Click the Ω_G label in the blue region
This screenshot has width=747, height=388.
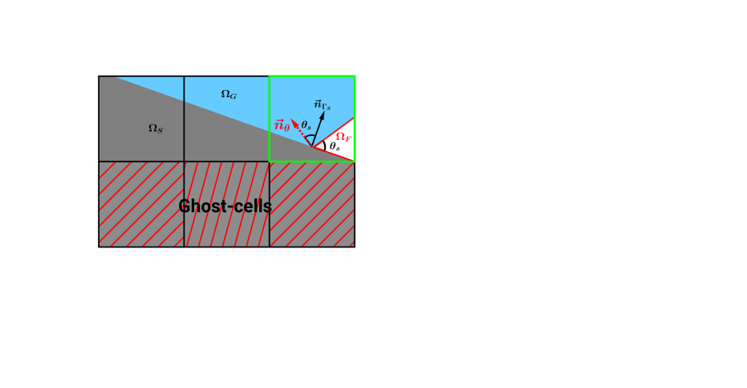pos(229,95)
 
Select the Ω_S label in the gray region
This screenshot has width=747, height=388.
pos(156,128)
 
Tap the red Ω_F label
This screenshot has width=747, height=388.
pos(343,137)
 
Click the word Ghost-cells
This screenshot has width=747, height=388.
pos(225,206)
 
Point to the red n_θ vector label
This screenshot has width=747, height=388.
pos(282,125)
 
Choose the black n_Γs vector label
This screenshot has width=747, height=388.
pos(323,104)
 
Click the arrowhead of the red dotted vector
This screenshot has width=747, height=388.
pos(294,123)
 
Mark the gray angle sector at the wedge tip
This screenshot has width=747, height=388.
pos(319,146)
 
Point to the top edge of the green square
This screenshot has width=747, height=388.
pos(312,76)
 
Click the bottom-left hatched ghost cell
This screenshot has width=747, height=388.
pos(141,204)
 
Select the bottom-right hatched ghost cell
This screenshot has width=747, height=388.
pos(312,204)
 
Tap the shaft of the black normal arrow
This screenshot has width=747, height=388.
pos(318,131)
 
